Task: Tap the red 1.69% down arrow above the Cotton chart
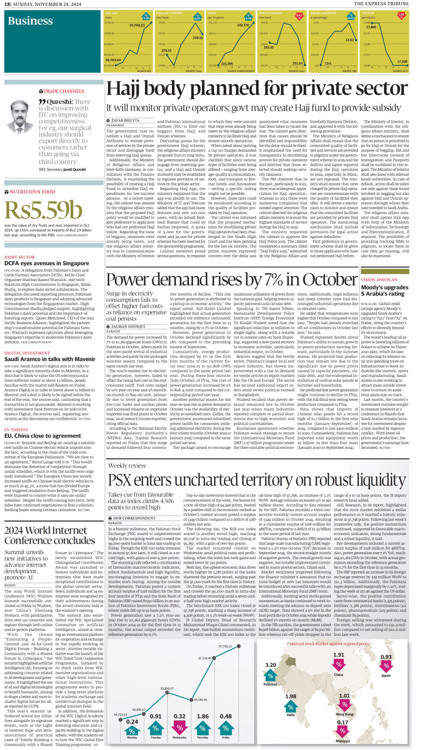pos(401,15)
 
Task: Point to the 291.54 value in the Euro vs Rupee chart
pos(297,64)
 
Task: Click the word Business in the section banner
pos(30,21)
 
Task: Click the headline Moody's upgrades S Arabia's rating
pos(384,291)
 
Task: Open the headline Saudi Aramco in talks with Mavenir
pos(50,359)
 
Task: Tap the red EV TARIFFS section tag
pos(16,430)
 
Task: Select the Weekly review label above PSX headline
pos(127,466)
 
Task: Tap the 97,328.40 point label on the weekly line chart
pos(204,658)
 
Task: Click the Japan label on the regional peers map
pos(386,675)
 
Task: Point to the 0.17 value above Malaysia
pos(342,722)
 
